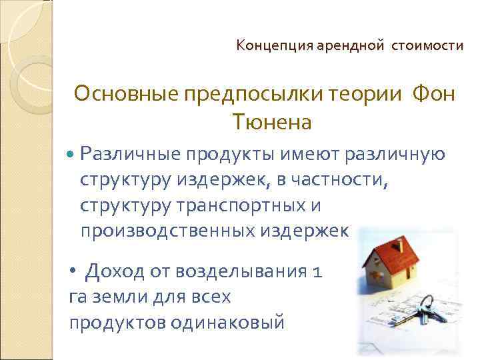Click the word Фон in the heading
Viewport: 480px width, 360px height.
point(433,95)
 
